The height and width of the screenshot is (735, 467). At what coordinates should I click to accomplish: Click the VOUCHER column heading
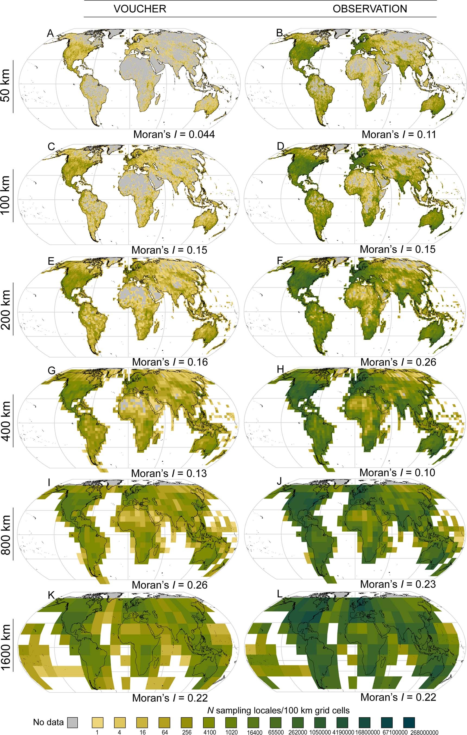pos(140,9)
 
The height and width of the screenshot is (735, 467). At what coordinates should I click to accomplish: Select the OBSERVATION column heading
pos(370,9)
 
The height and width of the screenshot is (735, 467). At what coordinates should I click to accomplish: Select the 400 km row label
pos(6,420)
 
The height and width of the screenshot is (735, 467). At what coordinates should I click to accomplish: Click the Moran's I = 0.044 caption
pos(174,134)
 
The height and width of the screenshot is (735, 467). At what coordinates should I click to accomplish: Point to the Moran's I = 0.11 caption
pos(399,134)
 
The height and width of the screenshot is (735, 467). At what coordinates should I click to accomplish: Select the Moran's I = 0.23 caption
pos(398,584)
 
